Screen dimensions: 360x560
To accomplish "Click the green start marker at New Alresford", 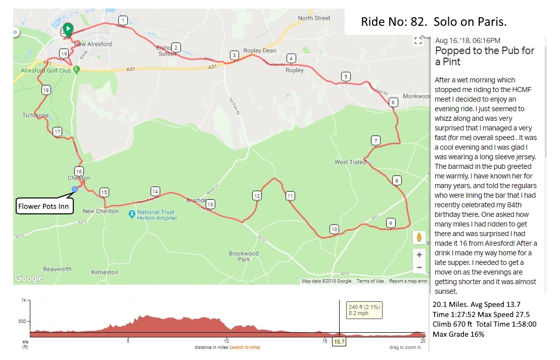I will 67,29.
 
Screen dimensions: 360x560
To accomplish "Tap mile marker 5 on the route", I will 346,77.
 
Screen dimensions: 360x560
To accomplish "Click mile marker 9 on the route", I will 390,222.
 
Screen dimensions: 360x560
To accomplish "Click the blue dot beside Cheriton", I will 75,189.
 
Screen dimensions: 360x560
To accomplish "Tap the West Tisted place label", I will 350,162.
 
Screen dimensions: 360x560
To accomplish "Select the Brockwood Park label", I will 244,256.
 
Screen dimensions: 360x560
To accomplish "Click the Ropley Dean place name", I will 260,51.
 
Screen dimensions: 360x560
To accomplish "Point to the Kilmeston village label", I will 105,272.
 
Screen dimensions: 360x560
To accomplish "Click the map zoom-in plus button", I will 419,255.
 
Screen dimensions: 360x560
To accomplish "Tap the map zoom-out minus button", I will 419,268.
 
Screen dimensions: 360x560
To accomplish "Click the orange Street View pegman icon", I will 419,237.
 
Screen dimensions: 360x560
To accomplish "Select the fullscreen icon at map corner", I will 418,41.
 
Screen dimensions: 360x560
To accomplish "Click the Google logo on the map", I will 29,278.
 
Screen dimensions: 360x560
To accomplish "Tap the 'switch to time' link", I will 245,347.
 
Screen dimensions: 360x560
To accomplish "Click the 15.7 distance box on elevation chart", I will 339,342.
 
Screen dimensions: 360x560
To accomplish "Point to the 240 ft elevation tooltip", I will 364,310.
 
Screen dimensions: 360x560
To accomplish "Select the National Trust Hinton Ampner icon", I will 132,214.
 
